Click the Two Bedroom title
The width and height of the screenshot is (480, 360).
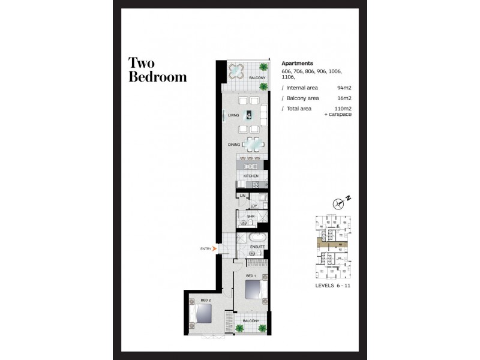point(157,70)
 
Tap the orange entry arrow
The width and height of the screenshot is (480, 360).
point(215,248)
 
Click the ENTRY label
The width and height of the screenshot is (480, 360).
point(206,248)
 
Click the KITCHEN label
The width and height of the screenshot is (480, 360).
point(251,176)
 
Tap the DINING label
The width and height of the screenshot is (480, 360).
point(233,145)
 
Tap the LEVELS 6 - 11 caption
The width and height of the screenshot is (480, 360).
point(333,287)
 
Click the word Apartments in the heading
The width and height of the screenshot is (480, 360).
point(298,62)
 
